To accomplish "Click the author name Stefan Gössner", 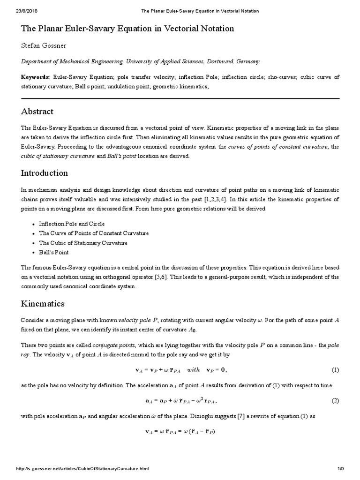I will pos(45,45).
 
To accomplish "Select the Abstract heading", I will pos(37,112).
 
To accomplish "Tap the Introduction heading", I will pos(45,173).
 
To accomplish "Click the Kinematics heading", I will pos(43,304).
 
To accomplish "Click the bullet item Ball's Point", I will pos(53,253).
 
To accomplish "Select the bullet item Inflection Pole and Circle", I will pos(72,224).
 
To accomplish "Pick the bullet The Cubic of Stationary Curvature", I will pos(83,243).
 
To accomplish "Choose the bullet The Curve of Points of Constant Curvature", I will pos(94,233).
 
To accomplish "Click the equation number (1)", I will pos(335,370).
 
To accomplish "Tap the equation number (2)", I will pos(335,401).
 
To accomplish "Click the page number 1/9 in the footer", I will pos(341,470).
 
